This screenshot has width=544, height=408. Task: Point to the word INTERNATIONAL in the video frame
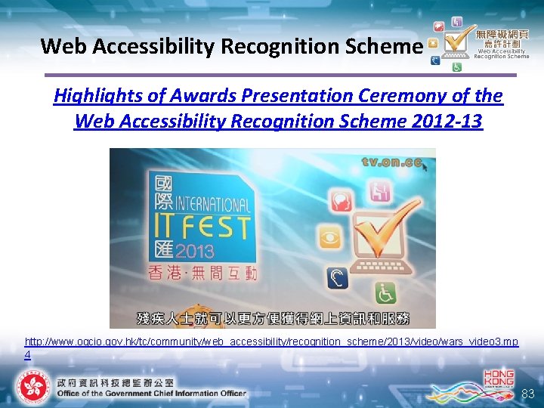[x=213, y=204]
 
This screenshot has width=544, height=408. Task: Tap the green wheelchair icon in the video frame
[x=387, y=293]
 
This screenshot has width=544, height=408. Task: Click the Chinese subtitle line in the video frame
[x=272, y=317]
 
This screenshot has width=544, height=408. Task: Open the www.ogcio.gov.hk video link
[x=271, y=342]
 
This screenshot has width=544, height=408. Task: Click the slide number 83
[x=527, y=394]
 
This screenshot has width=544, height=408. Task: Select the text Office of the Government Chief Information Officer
[x=151, y=393]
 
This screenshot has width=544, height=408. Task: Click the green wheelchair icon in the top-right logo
[x=456, y=67]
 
